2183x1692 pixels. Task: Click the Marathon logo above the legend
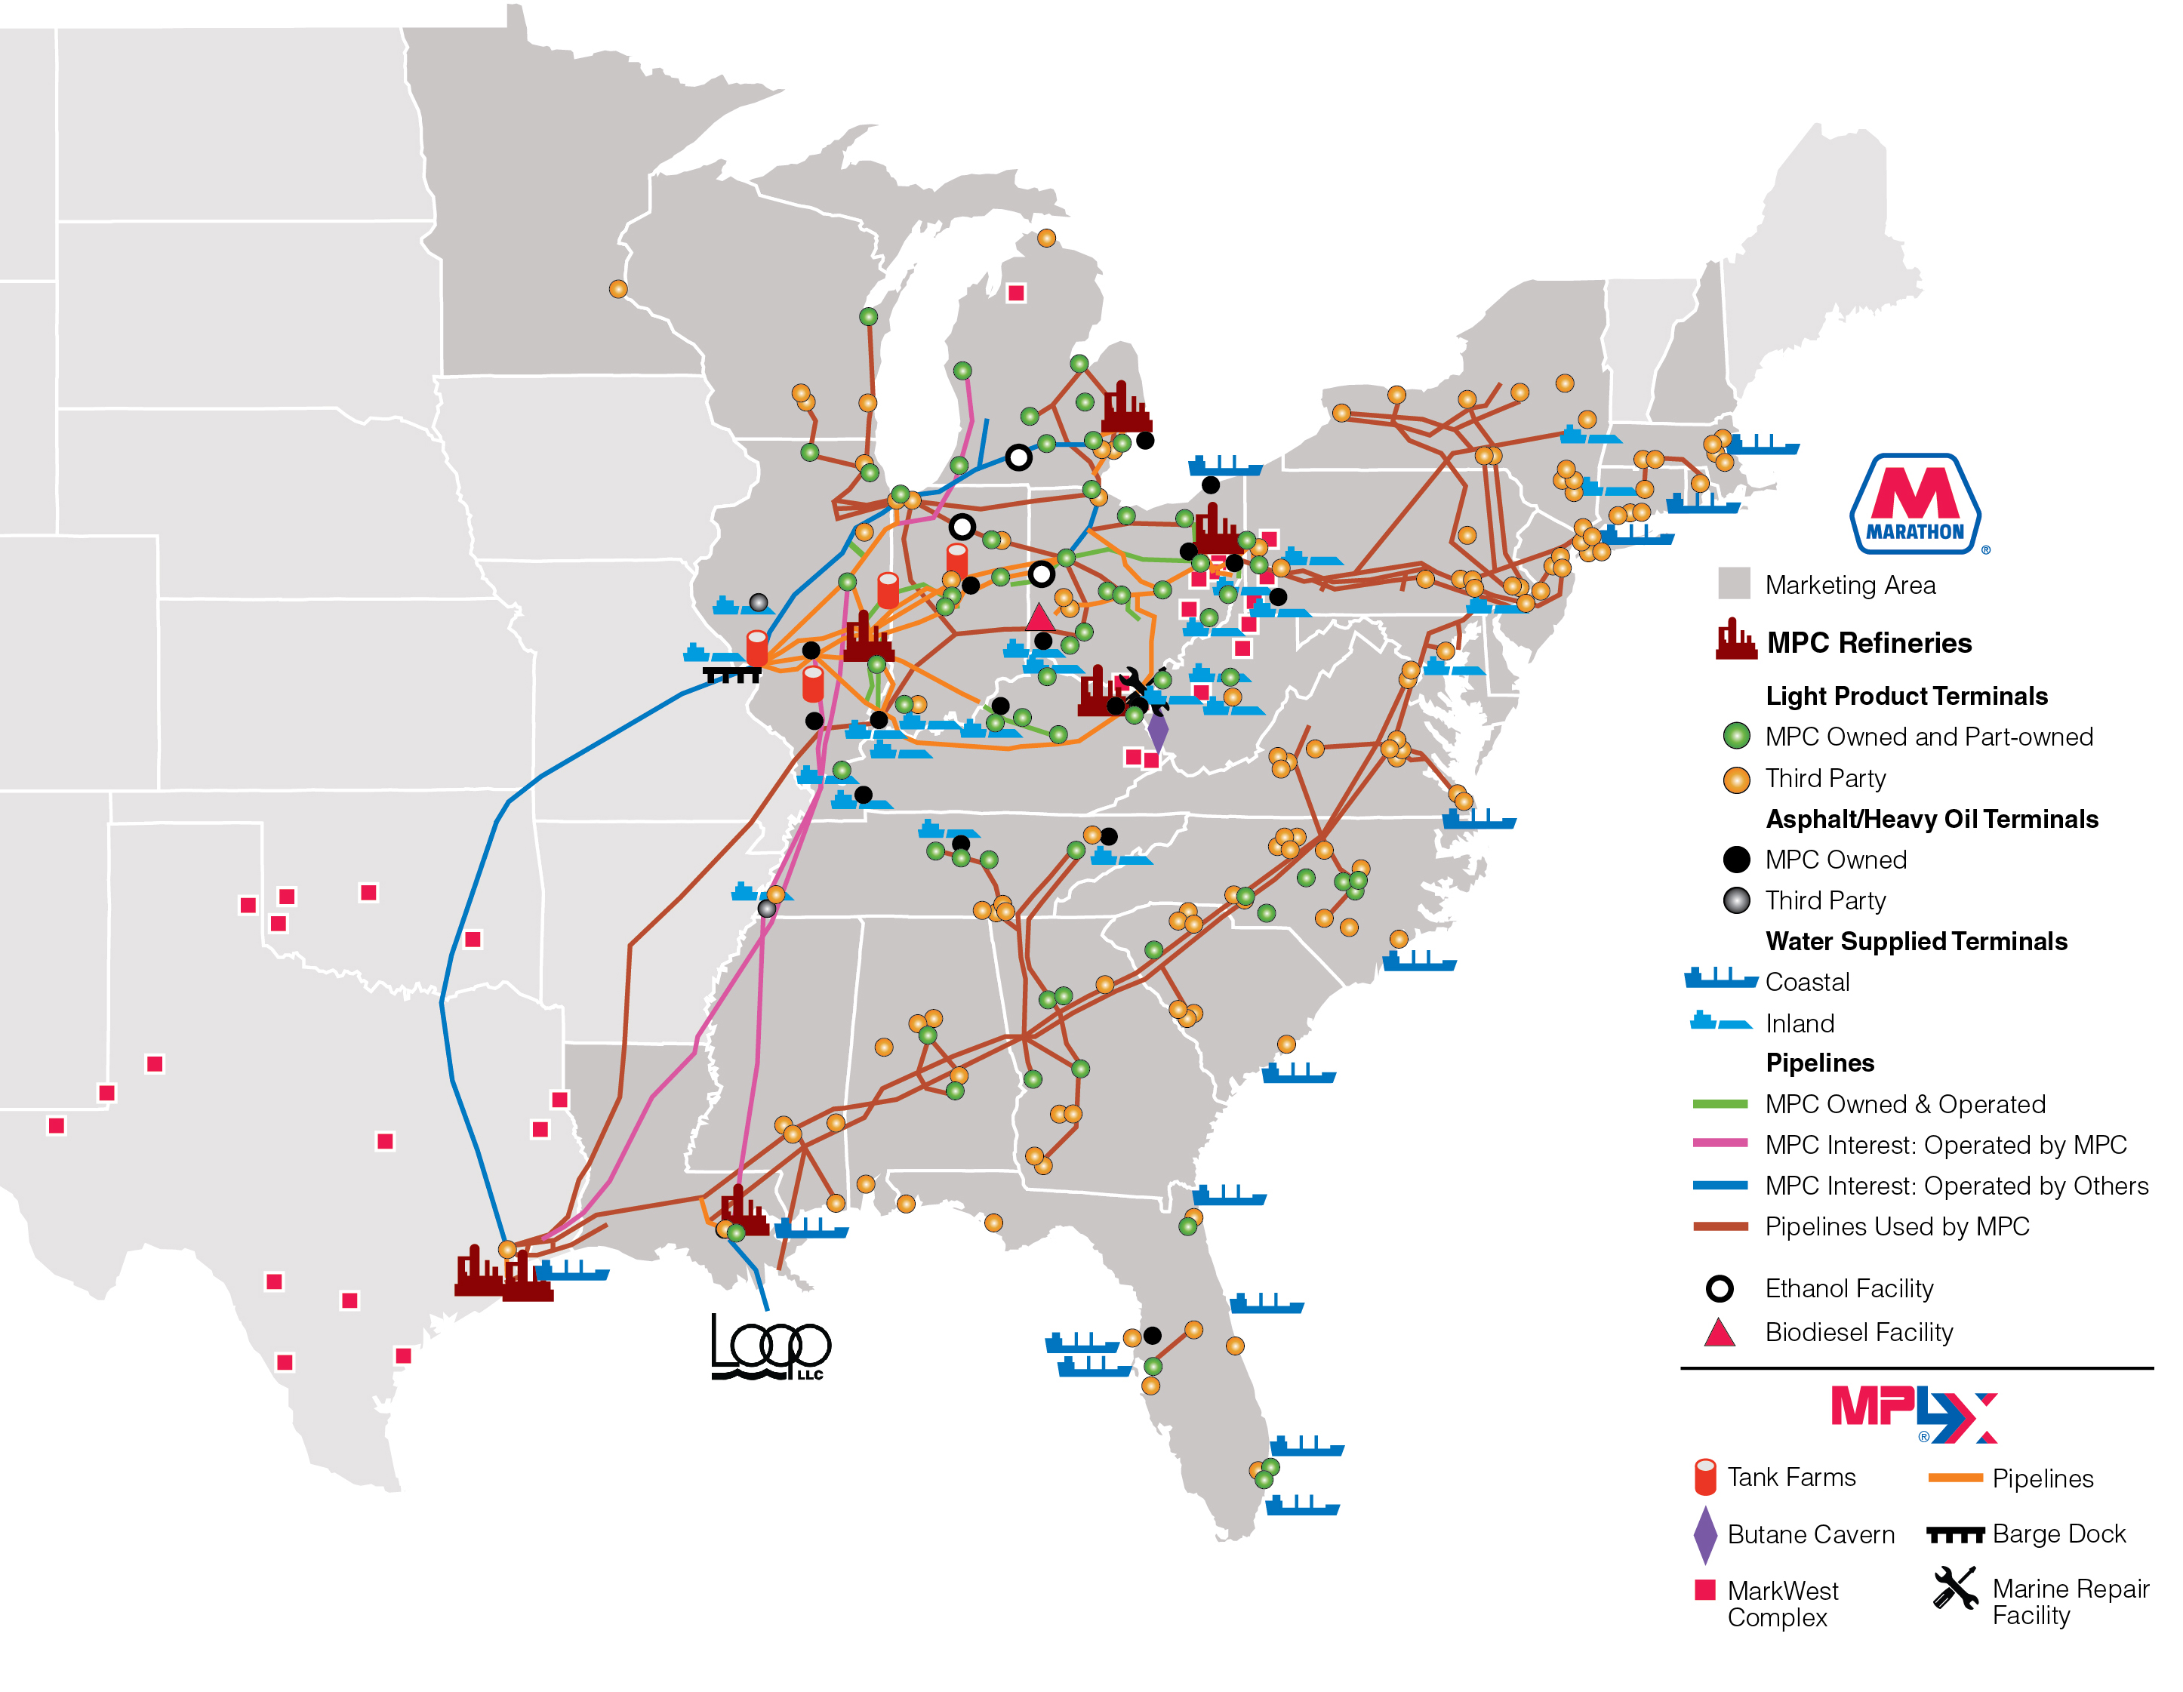point(1914,505)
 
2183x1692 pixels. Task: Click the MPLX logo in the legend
point(1913,1415)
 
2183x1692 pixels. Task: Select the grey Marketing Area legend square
point(1734,583)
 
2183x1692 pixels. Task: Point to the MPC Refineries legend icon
point(1735,640)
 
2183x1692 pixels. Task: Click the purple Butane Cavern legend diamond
point(1705,1534)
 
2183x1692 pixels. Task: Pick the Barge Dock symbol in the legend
point(1954,1534)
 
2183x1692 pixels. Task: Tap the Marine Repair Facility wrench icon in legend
point(1954,1587)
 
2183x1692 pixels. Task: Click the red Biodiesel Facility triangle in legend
point(1720,1332)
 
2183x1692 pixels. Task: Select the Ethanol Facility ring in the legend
point(1720,1288)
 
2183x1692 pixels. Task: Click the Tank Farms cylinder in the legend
point(1705,1477)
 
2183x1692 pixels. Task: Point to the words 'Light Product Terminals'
point(1906,696)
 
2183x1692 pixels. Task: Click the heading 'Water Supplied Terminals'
point(1916,941)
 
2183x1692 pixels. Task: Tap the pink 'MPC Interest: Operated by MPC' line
point(1720,1143)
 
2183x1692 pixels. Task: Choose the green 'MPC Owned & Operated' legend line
point(1720,1103)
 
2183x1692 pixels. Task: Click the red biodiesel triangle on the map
point(1039,617)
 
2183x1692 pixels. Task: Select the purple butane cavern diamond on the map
point(1157,731)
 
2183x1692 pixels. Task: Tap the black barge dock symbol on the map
point(731,675)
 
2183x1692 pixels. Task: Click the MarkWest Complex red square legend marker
point(1705,1589)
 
